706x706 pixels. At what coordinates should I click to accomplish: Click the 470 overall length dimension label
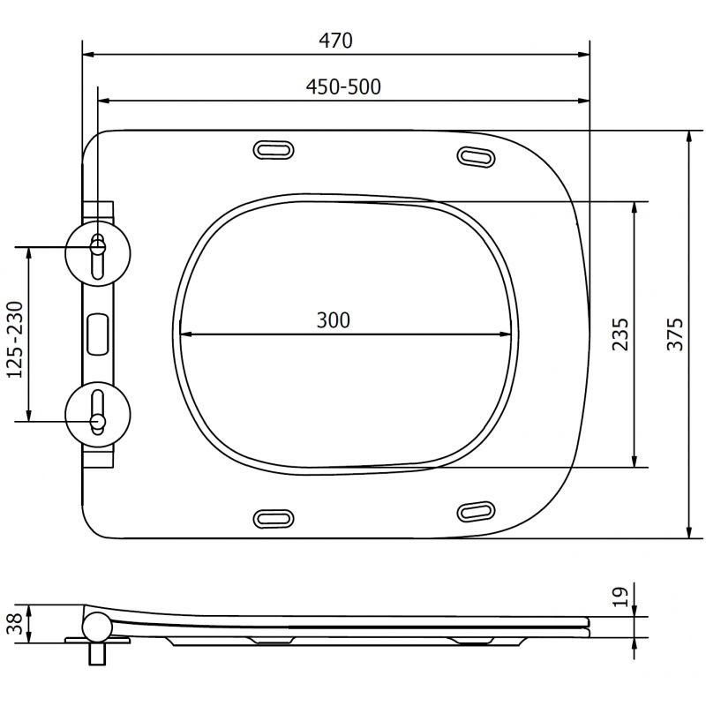click(336, 41)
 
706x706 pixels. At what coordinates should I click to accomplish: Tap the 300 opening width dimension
click(334, 320)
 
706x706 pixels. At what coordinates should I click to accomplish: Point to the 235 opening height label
click(621, 334)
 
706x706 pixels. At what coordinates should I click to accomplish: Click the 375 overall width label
click(675, 334)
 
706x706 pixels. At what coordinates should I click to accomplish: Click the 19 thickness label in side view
click(620, 597)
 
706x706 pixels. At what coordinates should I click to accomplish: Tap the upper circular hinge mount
click(98, 249)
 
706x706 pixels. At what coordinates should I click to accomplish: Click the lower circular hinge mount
click(98, 415)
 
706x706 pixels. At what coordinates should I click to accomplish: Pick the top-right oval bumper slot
click(477, 156)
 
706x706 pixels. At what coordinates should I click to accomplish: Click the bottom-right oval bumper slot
click(477, 511)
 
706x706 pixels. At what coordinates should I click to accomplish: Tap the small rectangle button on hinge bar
click(98, 332)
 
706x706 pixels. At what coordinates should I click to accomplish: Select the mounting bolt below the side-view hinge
click(96, 655)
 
